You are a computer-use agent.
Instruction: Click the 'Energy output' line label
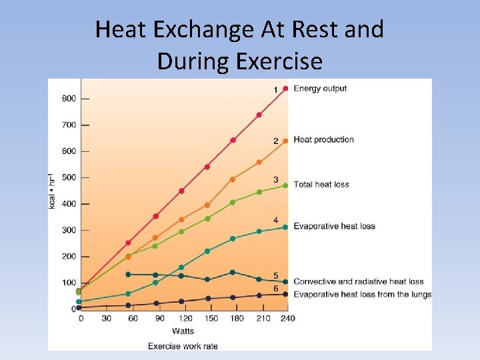tap(320, 89)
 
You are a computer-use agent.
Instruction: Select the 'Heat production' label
tap(323, 139)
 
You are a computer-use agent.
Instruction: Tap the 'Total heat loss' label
tap(321, 184)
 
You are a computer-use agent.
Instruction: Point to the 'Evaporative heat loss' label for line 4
tap(334, 226)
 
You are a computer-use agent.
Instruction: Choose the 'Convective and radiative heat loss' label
tap(358, 281)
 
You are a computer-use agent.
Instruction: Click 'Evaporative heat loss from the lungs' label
tap(362, 295)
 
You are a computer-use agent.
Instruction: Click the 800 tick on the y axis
tap(69, 99)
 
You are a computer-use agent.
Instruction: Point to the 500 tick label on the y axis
tap(69, 177)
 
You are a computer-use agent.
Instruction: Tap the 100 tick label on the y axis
tap(69, 283)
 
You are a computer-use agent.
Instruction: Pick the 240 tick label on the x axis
tap(287, 319)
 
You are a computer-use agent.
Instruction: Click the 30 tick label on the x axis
tap(106, 319)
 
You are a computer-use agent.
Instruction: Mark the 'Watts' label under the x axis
tap(183, 331)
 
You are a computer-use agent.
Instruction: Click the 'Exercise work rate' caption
tap(183, 346)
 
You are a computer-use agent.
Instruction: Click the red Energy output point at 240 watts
tap(285, 89)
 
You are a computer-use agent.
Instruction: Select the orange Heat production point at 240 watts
tap(285, 141)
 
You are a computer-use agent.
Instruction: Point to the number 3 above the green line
tap(275, 180)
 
